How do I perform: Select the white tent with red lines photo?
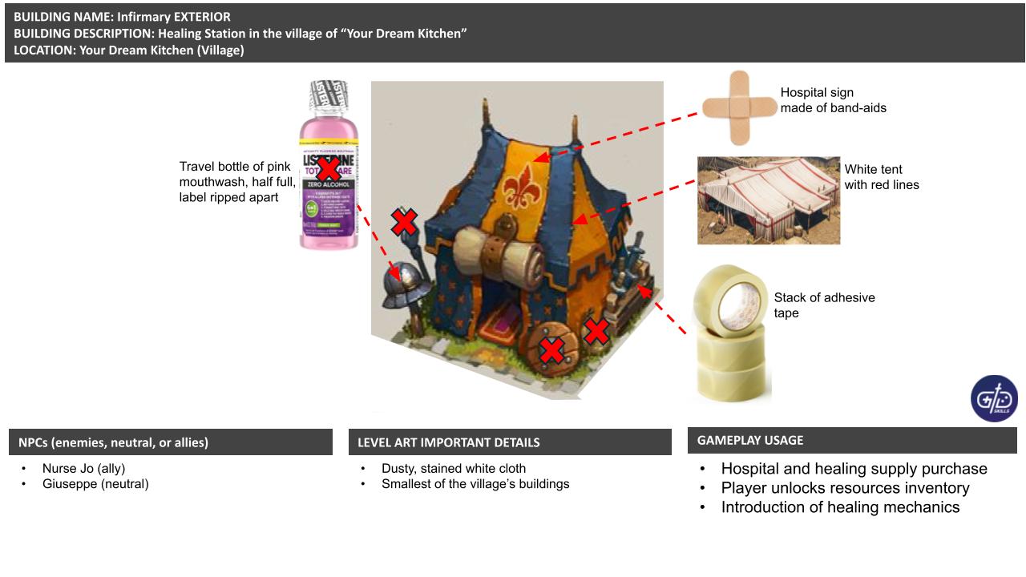coord(768,200)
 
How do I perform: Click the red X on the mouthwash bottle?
coord(328,169)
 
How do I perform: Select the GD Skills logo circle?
coord(994,397)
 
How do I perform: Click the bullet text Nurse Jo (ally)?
coord(83,469)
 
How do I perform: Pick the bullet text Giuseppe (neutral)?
coord(95,484)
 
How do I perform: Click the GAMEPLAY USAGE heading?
coord(750,440)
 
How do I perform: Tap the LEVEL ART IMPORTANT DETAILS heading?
coord(448,442)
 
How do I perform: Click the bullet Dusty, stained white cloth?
coord(454,469)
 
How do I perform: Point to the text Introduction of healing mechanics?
coord(840,507)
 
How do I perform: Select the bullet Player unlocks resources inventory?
coord(845,488)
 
